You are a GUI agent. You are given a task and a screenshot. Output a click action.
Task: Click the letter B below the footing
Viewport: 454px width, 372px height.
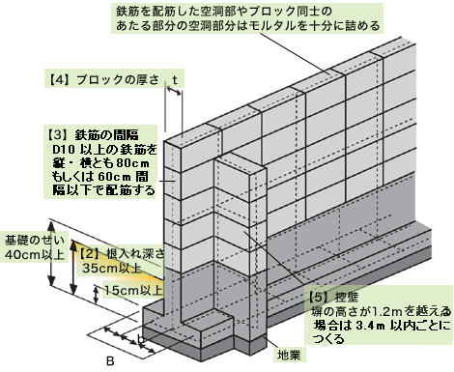pos(110,361)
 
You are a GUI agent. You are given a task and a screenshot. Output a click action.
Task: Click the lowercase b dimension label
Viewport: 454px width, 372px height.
pos(140,338)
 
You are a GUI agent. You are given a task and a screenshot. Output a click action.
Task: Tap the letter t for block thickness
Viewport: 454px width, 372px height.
pos(175,79)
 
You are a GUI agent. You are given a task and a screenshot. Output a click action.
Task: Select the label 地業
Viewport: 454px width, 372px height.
pos(289,355)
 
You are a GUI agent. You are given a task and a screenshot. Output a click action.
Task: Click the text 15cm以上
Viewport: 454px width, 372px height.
pos(133,290)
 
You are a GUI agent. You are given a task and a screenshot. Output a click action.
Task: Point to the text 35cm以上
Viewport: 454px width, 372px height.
pos(112,268)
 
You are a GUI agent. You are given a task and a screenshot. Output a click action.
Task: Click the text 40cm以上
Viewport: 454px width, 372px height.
pos(35,254)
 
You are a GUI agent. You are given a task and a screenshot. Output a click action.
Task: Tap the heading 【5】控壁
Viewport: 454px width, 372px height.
pos(332,297)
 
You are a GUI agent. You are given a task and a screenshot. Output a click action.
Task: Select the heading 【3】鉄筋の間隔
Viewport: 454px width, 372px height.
pos(93,134)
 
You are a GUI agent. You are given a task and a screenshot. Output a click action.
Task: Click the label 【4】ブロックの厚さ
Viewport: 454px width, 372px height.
pos(104,79)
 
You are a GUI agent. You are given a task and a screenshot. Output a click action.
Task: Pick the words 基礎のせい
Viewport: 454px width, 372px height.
pos(35,241)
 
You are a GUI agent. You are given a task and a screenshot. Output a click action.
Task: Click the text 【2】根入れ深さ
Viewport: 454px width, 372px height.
pos(122,254)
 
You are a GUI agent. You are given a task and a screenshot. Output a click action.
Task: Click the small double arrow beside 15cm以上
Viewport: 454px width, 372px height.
pos(97,295)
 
